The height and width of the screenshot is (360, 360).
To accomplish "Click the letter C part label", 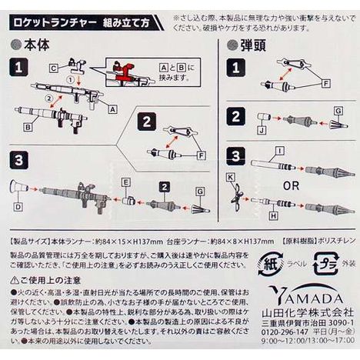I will point(55,68).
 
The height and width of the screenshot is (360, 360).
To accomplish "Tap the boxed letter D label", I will point(18,208).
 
